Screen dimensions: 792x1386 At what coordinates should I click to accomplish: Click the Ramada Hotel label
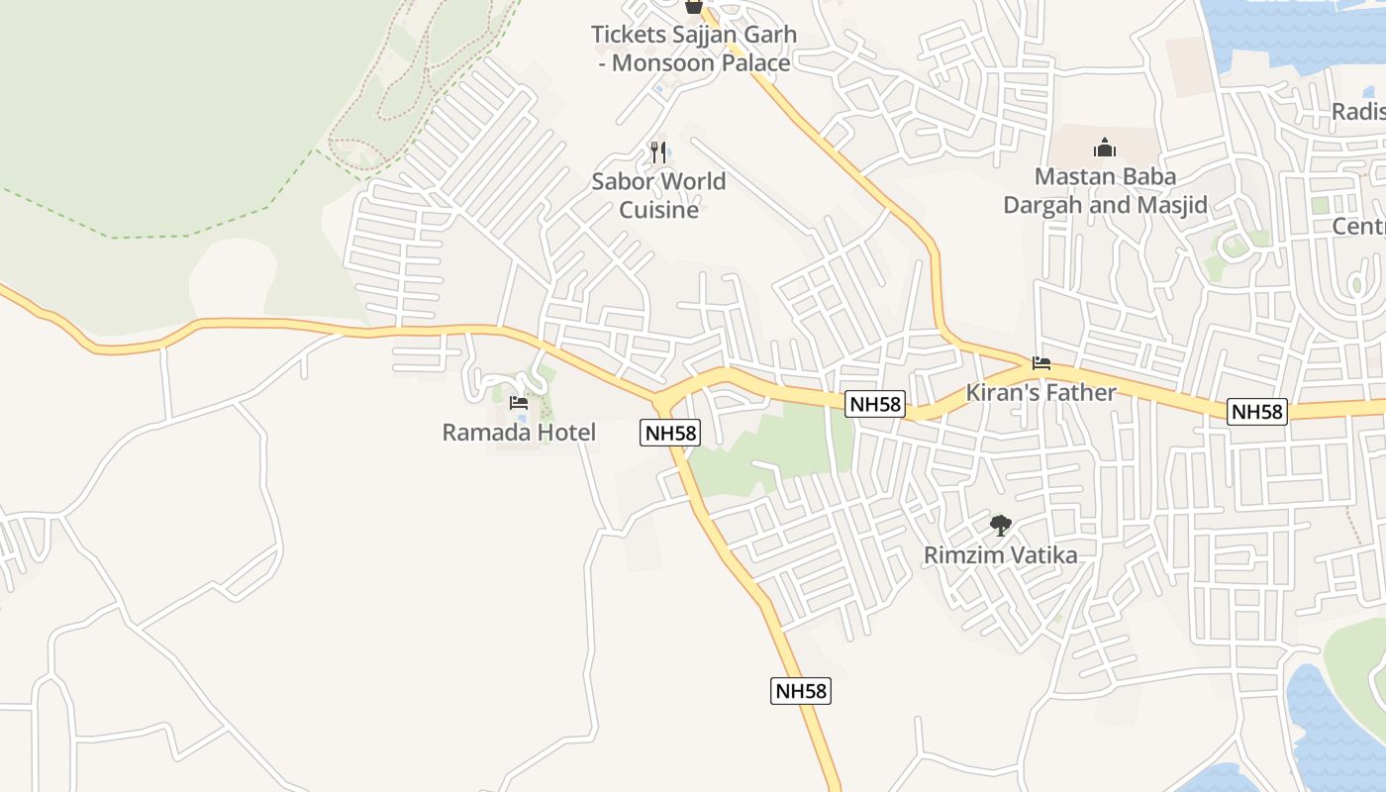click(519, 433)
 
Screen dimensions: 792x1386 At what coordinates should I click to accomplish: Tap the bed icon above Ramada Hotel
click(519, 403)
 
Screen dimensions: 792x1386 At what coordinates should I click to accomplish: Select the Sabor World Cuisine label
click(658, 195)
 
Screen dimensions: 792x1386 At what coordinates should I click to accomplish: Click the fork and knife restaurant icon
click(658, 151)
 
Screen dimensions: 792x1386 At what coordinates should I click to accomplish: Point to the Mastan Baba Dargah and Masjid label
click(1105, 191)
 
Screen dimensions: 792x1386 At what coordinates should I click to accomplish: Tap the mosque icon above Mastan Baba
click(1105, 148)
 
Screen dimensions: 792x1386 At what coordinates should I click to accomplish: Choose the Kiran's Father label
click(1040, 392)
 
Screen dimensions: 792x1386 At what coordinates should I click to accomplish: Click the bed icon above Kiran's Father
click(1040, 363)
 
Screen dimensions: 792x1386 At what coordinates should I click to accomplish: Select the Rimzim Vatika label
click(1000, 554)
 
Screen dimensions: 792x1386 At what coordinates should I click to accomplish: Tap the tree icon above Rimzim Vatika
click(1000, 525)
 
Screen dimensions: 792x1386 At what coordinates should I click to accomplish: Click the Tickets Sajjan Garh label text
click(693, 35)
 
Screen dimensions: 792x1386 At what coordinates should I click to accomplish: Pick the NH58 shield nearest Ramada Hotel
click(670, 433)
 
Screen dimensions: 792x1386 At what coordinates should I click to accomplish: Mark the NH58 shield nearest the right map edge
click(1257, 412)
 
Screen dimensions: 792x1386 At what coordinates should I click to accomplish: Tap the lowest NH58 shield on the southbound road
click(801, 691)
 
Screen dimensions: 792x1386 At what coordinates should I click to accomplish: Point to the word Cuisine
click(658, 210)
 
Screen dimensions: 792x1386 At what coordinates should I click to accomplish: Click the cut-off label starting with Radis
click(1358, 111)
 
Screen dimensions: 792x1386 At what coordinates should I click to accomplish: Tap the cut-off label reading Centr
click(1358, 226)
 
